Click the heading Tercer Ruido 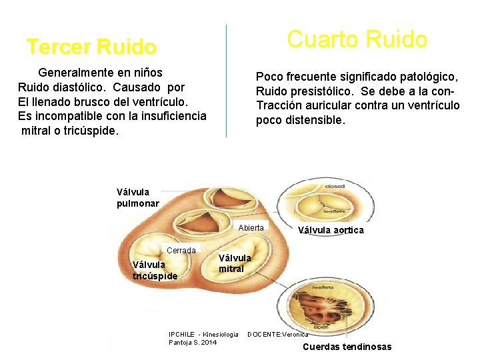pyautogui.click(x=91, y=47)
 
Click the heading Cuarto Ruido pyautogui.click(x=357, y=39)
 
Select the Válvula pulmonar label pyautogui.click(x=137, y=198)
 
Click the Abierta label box pyautogui.click(x=251, y=228)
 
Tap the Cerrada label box pyautogui.click(x=181, y=251)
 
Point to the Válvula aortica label pyautogui.click(x=331, y=231)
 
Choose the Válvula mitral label pyautogui.click(x=235, y=263)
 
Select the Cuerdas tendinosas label pyautogui.click(x=347, y=347)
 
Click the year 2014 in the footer pyautogui.click(x=207, y=342)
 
